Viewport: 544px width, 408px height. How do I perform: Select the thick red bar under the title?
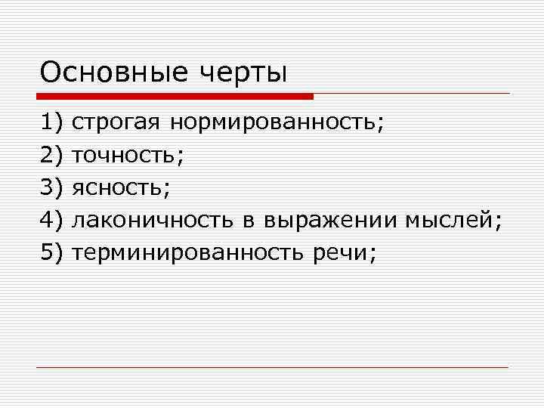[175, 97]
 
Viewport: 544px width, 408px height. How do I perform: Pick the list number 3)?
[52, 187]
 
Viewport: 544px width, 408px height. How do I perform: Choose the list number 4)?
[52, 220]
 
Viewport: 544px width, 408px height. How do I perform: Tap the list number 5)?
[52, 253]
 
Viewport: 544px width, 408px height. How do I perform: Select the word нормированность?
[276, 122]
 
